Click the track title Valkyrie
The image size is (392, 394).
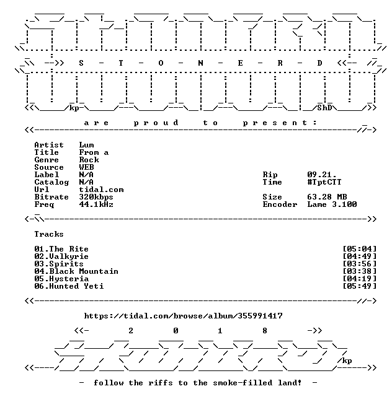(69, 256)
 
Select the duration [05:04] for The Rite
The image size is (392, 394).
(360, 249)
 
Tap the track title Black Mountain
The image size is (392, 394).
(84, 271)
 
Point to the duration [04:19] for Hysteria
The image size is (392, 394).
(360, 279)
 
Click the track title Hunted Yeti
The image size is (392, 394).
(76, 286)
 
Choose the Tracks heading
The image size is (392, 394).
(49, 234)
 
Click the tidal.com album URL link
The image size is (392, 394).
(183, 316)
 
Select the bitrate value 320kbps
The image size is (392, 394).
(96, 197)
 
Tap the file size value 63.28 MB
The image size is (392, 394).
(327, 197)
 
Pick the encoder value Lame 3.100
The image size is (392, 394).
(332, 204)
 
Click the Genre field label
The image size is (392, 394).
(47, 160)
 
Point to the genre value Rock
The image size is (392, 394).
(89, 160)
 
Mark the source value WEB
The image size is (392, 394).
(86, 167)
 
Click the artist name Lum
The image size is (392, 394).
(86, 145)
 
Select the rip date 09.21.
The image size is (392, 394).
(321, 175)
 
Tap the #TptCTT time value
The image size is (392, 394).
(324, 182)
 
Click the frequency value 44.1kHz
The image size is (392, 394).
(96, 204)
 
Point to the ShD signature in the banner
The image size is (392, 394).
(324, 108)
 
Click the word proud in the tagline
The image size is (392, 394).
(156, 123)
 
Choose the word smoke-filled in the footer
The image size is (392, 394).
(243, 383)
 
